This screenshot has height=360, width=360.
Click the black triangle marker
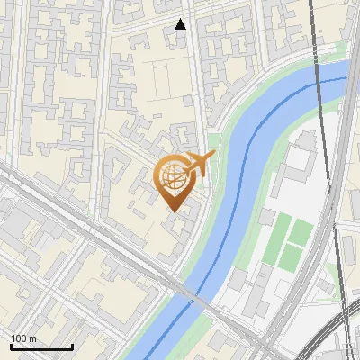[181, 24]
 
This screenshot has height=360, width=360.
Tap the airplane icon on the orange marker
[200, 163]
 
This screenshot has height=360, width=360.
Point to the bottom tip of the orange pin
[174, 212]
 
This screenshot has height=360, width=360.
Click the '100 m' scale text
[23, 338]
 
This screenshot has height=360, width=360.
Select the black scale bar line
[41, 347]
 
